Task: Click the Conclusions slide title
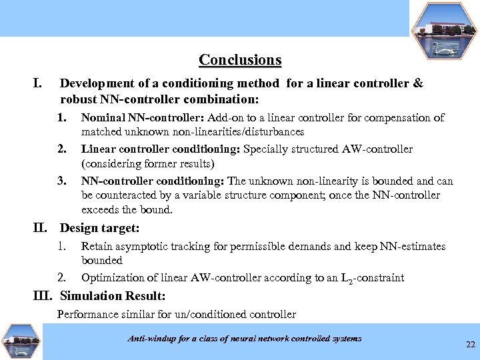click(x=240, y=60)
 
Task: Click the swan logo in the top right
click(x=443, y=30)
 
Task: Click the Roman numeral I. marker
click(x=38, y=84)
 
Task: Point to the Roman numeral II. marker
click(x=43, y=229)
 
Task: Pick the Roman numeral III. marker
click(x=45, y=296)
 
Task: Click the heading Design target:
click(x=100, y=229)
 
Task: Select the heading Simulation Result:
click(x=113, y=296)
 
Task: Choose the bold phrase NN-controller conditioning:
click(x=153, y=180)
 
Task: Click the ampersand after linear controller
click(x=418, y=84)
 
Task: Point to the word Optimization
click(x=111, y=277)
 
